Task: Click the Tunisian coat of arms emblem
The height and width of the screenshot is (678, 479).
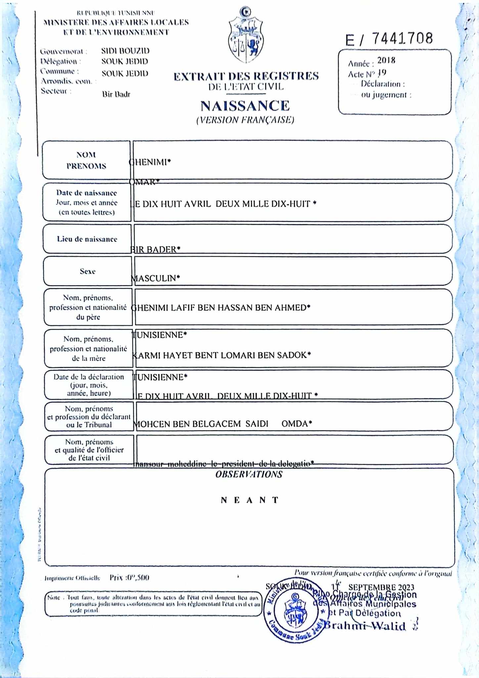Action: pyautogui.click(x=245, y=36)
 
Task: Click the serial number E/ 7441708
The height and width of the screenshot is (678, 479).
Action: pyautogui.click(x=389, y=39)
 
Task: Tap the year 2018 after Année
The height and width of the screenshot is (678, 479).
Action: pyautogui.click(x=386, y=60)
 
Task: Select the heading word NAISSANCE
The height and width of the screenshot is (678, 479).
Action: pyautogui.click(x=245, y=106)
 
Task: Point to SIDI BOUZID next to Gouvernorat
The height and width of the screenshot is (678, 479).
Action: pyautogui.click(x=125, y=51)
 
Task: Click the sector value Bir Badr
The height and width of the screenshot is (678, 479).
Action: pyautogui.click(x=116, y=94)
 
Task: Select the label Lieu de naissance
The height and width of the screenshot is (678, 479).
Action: pyautogui.click(x=87, y=239)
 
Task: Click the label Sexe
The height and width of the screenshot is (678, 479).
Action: pyautogui.click(x=88, y=271)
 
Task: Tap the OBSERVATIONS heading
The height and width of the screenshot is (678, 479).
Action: pyautogui.click(x=249, y=474)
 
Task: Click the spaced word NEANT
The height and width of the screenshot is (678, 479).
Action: pyautogui.click(x=250, y=500)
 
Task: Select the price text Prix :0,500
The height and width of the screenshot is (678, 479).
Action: pyautogui.click(x=129, y=578)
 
